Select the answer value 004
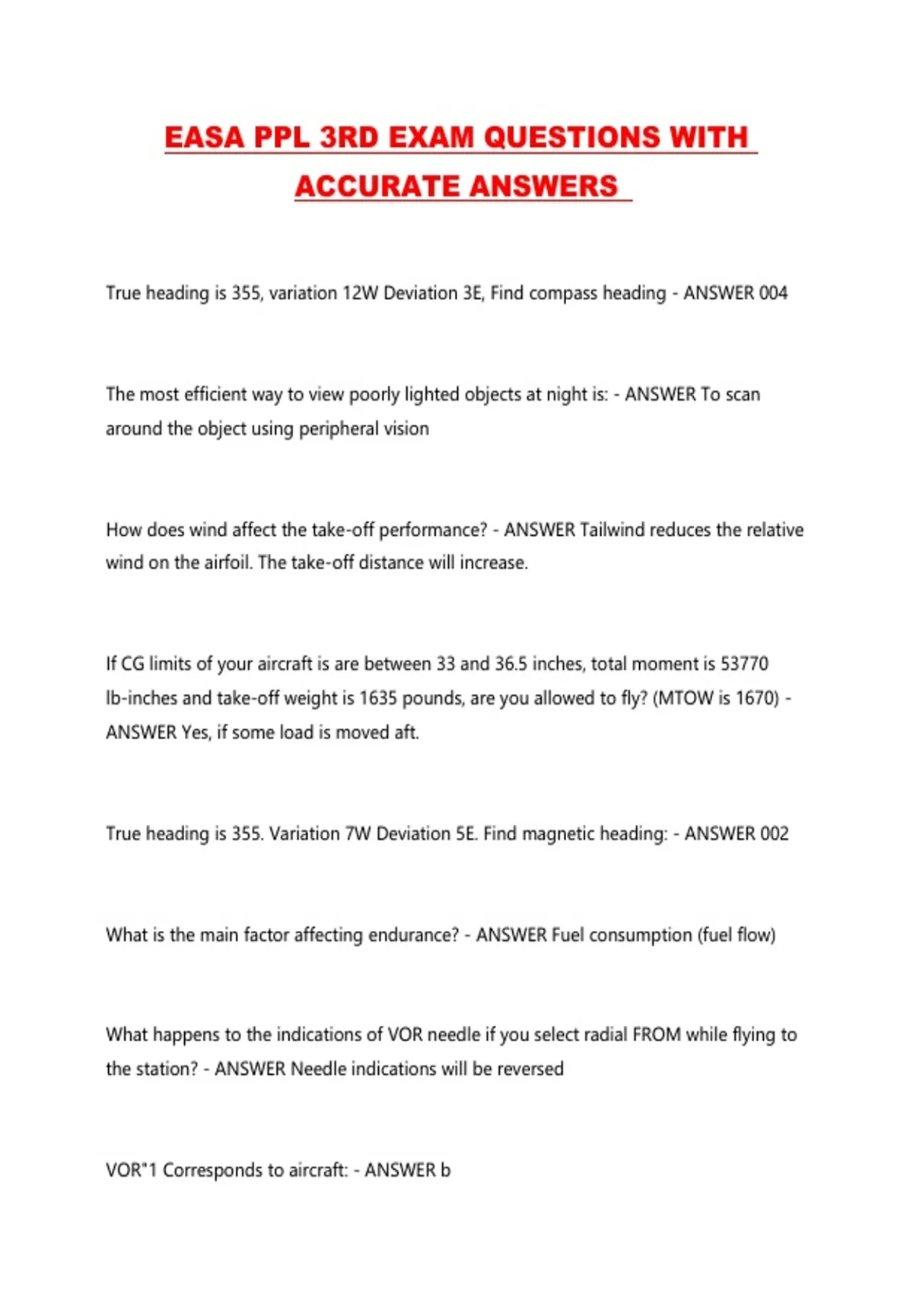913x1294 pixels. click(773, 293)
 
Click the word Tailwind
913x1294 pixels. click(612, 530)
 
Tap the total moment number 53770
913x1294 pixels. click(744, 664)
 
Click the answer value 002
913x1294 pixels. click(774, 833)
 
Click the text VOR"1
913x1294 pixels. click(131, 1170)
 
